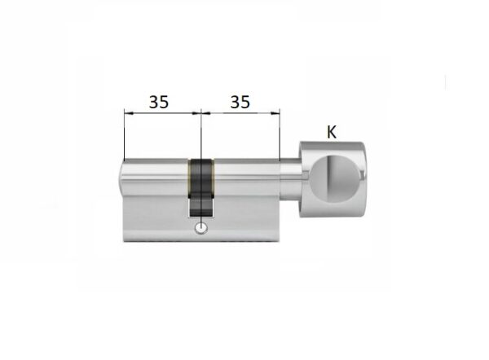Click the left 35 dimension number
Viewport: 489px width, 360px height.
[159, 102]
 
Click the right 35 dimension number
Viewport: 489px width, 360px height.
[240, 102]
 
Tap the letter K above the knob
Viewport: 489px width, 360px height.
[332, 132]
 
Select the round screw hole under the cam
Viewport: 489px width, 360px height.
[201, 228]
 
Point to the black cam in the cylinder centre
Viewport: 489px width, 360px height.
[201, 187]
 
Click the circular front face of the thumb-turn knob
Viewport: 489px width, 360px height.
[334, 178]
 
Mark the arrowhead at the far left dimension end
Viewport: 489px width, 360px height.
[129, 113]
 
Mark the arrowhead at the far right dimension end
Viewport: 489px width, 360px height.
[275, 113]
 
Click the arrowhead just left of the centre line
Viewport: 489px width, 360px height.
[196, 113]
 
